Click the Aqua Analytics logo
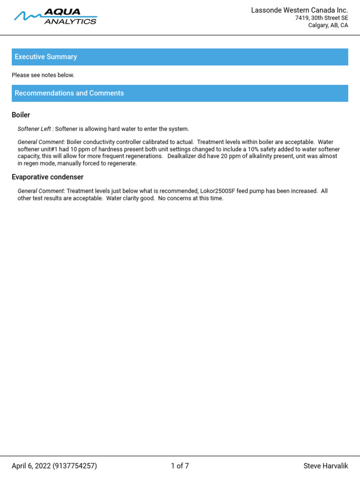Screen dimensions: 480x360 [x=55, y=17]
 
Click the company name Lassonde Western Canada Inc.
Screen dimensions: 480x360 [x=300, y=10]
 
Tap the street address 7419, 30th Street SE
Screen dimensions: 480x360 [x=321, y=18]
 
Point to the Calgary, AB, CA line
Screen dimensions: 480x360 [x=328, y=25]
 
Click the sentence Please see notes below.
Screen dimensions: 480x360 [x=43, y=75]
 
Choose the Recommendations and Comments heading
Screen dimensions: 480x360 [x=69, y=93]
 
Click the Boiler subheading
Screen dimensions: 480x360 [x=21, y=115]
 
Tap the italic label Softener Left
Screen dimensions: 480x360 [x=35, y=129]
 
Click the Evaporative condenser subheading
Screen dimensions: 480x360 [x=47, y=177]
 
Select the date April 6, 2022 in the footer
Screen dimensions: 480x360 [x=31, y=466]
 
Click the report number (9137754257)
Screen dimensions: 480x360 [x=75, y=466]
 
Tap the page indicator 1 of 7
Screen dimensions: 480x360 [x=180, y=466]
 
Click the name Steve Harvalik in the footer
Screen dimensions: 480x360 [x=326, y=466]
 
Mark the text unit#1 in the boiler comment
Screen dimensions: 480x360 [x=50, y=149]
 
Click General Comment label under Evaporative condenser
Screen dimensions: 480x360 [x=41, y=191]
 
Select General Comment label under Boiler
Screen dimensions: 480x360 [x=41, y=142]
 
